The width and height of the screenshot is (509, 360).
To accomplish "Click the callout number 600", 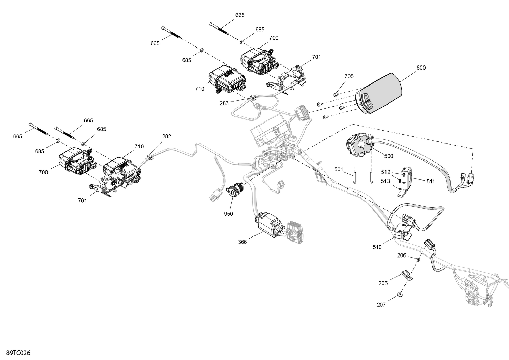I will (x=421, y=68).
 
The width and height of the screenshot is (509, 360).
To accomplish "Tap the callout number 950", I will (x=228, y=214).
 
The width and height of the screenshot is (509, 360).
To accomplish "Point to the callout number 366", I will (x=242, y=242).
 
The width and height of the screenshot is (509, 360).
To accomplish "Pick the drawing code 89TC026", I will (x=16, y=353).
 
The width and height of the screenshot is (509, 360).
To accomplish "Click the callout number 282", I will (x=167, y=136).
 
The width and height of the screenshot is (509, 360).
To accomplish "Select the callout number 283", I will (x=224, y=103).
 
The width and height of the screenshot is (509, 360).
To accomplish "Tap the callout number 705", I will (x=349, y=76).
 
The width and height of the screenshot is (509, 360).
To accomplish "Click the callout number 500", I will (x=389, y=156).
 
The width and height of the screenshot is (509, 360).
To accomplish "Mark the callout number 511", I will (x=431, y=181).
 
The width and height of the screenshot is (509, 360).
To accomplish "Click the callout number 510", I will (x=377, y=247).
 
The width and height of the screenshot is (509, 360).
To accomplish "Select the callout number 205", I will (x=383, y=283).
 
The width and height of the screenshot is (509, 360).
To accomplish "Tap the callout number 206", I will (x=401, y=255).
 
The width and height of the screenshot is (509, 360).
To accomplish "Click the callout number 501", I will (x=339, y=169).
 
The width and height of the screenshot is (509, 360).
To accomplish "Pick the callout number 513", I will (x=385, y=181).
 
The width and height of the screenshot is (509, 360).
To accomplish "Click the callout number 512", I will (x=385, y=172).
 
